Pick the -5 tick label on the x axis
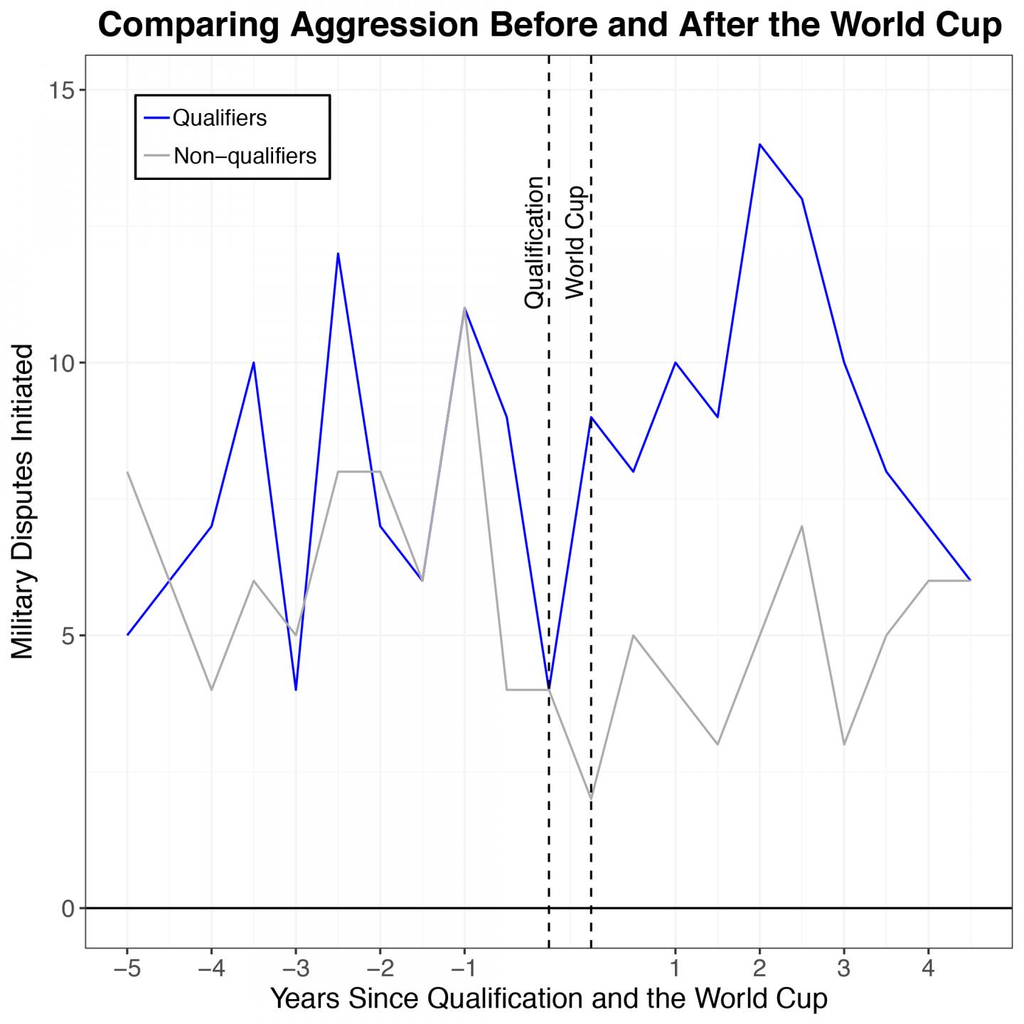pos(127,968)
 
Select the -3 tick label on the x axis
pos(295,968)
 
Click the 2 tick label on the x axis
pos(759,968)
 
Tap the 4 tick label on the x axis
pos(928,968)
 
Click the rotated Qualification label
pos(534,242)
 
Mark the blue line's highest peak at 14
pos(759,144)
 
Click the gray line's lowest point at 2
pos(591,799)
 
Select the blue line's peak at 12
pos(338,253)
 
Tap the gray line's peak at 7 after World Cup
pos(801,526)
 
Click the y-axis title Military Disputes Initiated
pos(23,501)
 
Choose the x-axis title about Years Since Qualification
pos(548,998)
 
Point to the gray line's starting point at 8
pos(127,471)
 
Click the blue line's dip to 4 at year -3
pos(296,689)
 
